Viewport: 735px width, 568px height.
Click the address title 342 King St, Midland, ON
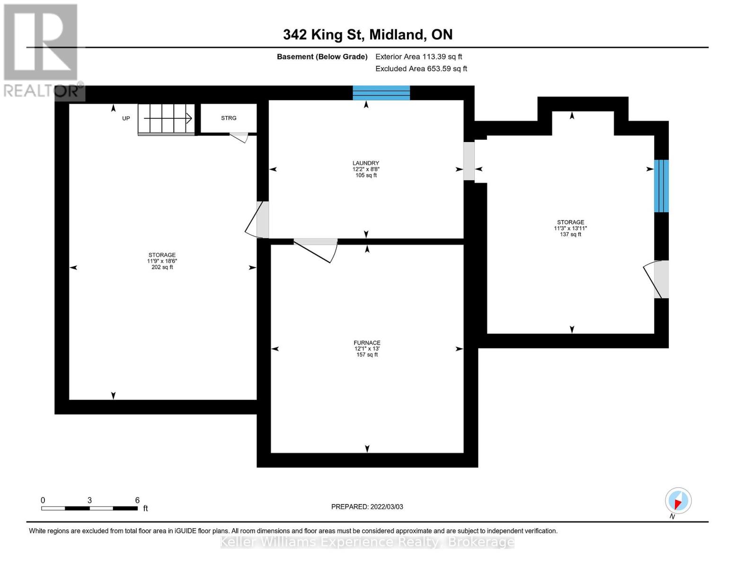click(x=368, y=35)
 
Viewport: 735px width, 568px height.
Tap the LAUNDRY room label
click(x=366, y=163)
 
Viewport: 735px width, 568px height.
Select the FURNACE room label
click(x=367, y=343)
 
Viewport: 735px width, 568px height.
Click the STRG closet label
click(x=229, y=118)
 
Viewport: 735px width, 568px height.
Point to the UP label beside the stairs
click(x=126, y=118)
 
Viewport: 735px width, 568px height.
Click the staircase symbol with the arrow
click(x=166, y=118)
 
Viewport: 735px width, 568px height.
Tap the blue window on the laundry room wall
click(x=381, y=93)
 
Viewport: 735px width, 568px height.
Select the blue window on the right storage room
click(x=661, y=186)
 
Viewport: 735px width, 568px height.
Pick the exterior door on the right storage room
click(x=658, y=279)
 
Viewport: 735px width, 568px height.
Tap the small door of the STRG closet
click(x=239, y=137)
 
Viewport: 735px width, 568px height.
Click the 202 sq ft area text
click(x=162, y=267)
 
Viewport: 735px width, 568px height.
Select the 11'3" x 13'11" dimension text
click(x=570, y=228)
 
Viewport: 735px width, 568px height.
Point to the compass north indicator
click(x=678, y=501)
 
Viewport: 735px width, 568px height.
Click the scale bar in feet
click(x=90, y=508)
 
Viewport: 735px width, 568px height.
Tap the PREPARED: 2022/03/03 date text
click(x=367, y=507)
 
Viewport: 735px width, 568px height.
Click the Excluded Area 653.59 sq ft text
click(x=421, y=69)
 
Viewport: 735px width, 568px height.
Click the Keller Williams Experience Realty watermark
click(x=367, y=542)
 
